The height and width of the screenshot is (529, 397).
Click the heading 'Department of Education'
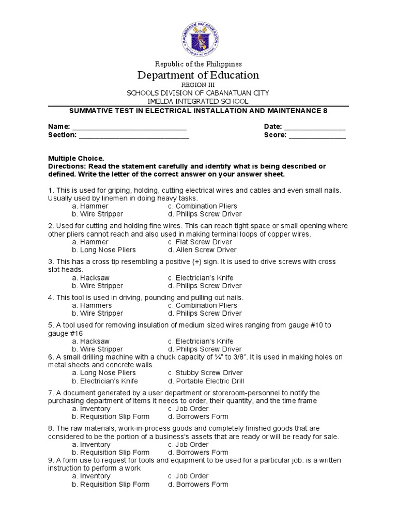[x=198, y=75]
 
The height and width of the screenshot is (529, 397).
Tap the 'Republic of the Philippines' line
[x=198, y=64]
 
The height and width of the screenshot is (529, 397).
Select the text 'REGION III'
[x=198, y=85]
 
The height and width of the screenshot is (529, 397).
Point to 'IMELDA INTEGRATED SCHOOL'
[x=198, y=101]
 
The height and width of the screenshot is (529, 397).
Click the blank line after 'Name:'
[x=129, y=127]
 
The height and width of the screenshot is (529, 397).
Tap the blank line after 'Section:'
[x=134, y=135]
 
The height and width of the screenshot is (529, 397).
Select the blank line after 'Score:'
[x=317, y=135]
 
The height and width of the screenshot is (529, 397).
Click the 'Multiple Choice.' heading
[x=76, y=158]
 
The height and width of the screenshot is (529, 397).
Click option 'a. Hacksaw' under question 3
[x=90, y=278]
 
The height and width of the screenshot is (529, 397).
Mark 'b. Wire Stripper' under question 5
[x=98, y=349]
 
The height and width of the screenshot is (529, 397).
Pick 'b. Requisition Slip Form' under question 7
[x=111, y=416]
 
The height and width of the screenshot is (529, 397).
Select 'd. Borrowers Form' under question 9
[x=198, y=484]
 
